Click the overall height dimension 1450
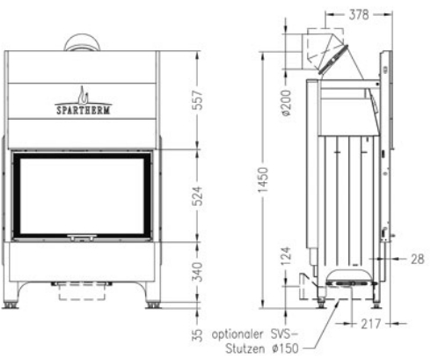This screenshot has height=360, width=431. point(263,180)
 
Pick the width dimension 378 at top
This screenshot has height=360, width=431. point(359,14)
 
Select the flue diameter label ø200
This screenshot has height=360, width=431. point(287,103)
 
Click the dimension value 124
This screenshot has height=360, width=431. point(287,256)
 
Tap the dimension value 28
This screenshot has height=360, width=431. point(417,259)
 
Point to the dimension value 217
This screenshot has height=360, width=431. point(371,324)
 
